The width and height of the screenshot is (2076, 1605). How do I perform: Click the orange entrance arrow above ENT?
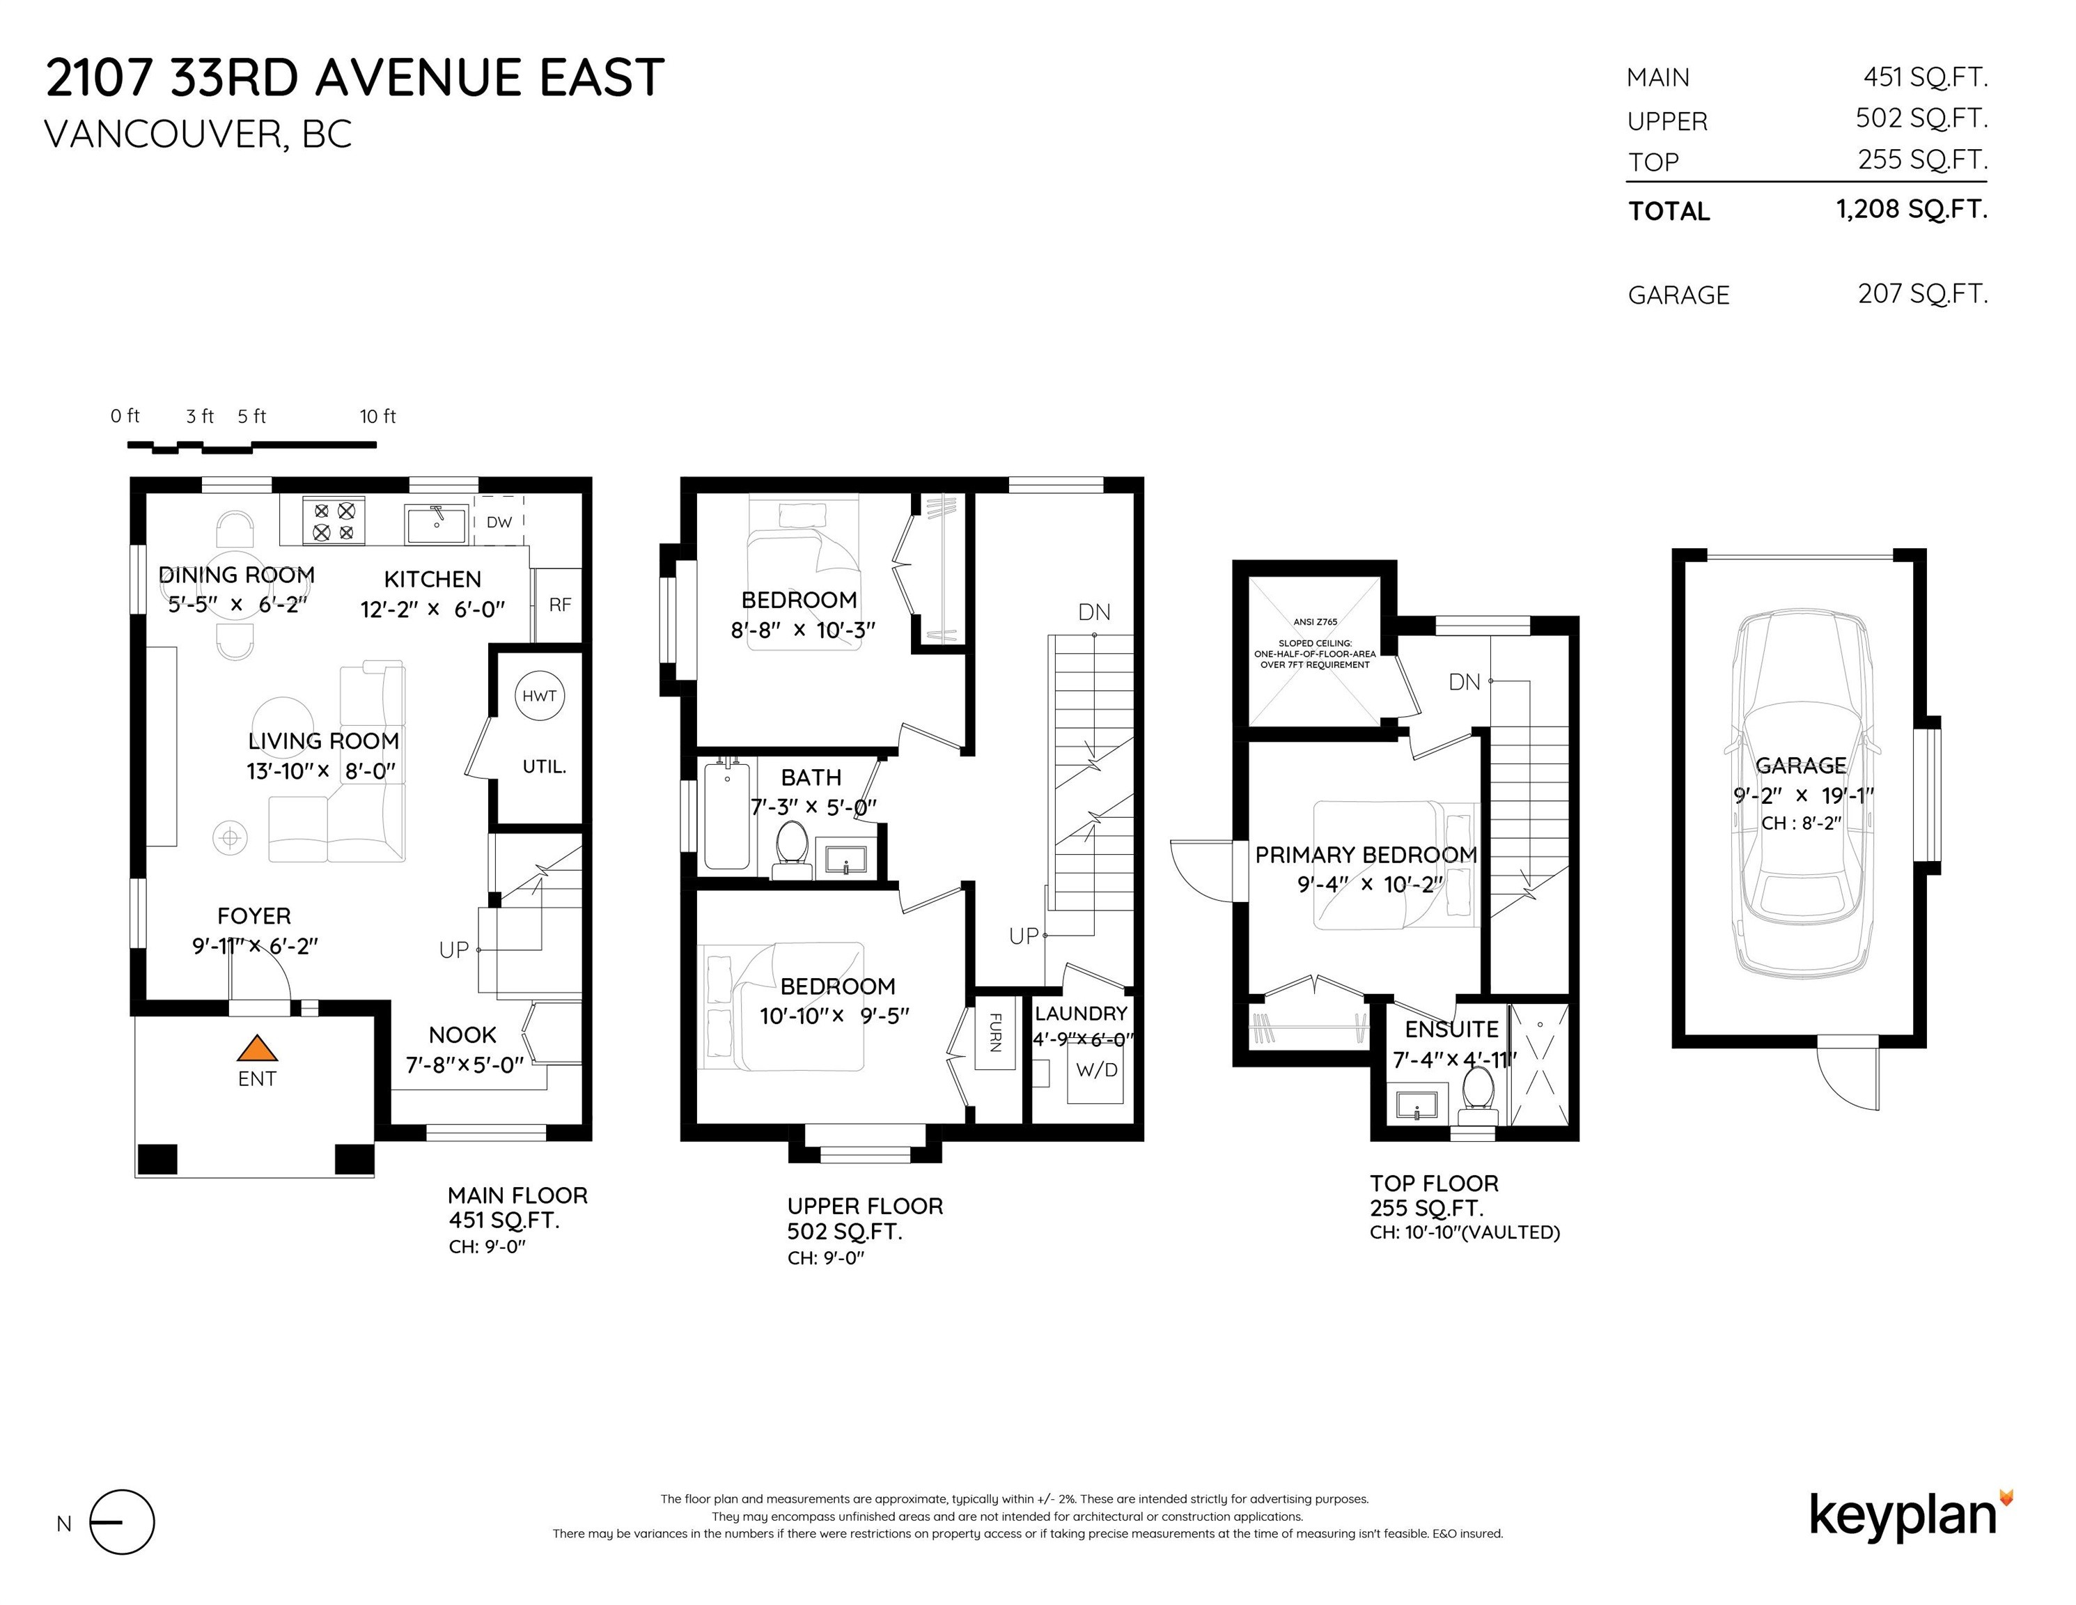click(x=257, y=1049)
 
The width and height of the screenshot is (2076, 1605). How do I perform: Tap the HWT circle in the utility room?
click(x=539, y=696)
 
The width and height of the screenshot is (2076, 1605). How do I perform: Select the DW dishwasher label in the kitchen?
click(x=499, y=522)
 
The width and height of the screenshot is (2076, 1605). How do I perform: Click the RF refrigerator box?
click(x=560, y=605)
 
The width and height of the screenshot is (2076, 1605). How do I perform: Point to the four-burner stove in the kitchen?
click(x=334, y=521)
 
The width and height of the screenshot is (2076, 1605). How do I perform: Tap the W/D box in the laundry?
click(x=1096, y=1071)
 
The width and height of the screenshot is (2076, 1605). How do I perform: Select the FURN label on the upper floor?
click(x=995, y=1032)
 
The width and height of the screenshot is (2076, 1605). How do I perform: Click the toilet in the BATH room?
click(x=792, y=849)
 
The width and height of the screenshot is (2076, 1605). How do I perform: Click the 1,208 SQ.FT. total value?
click(x=1911, y=209)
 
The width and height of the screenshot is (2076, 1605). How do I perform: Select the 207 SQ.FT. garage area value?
click(x=1922, y=294)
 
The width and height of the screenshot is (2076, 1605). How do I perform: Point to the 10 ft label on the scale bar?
click(x=377, y=417)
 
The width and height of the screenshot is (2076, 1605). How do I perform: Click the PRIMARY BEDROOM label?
click(x=1365, y=855)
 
